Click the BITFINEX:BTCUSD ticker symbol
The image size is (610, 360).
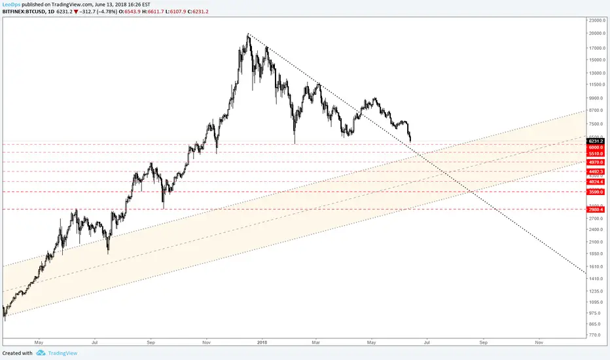[x=26, y=11]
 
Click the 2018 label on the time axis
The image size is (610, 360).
[x=262, y=342]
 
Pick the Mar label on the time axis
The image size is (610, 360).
[x=315, y=342]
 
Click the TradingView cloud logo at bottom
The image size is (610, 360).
[x=41, y=353]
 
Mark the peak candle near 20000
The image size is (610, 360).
[x=248, y=36]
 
